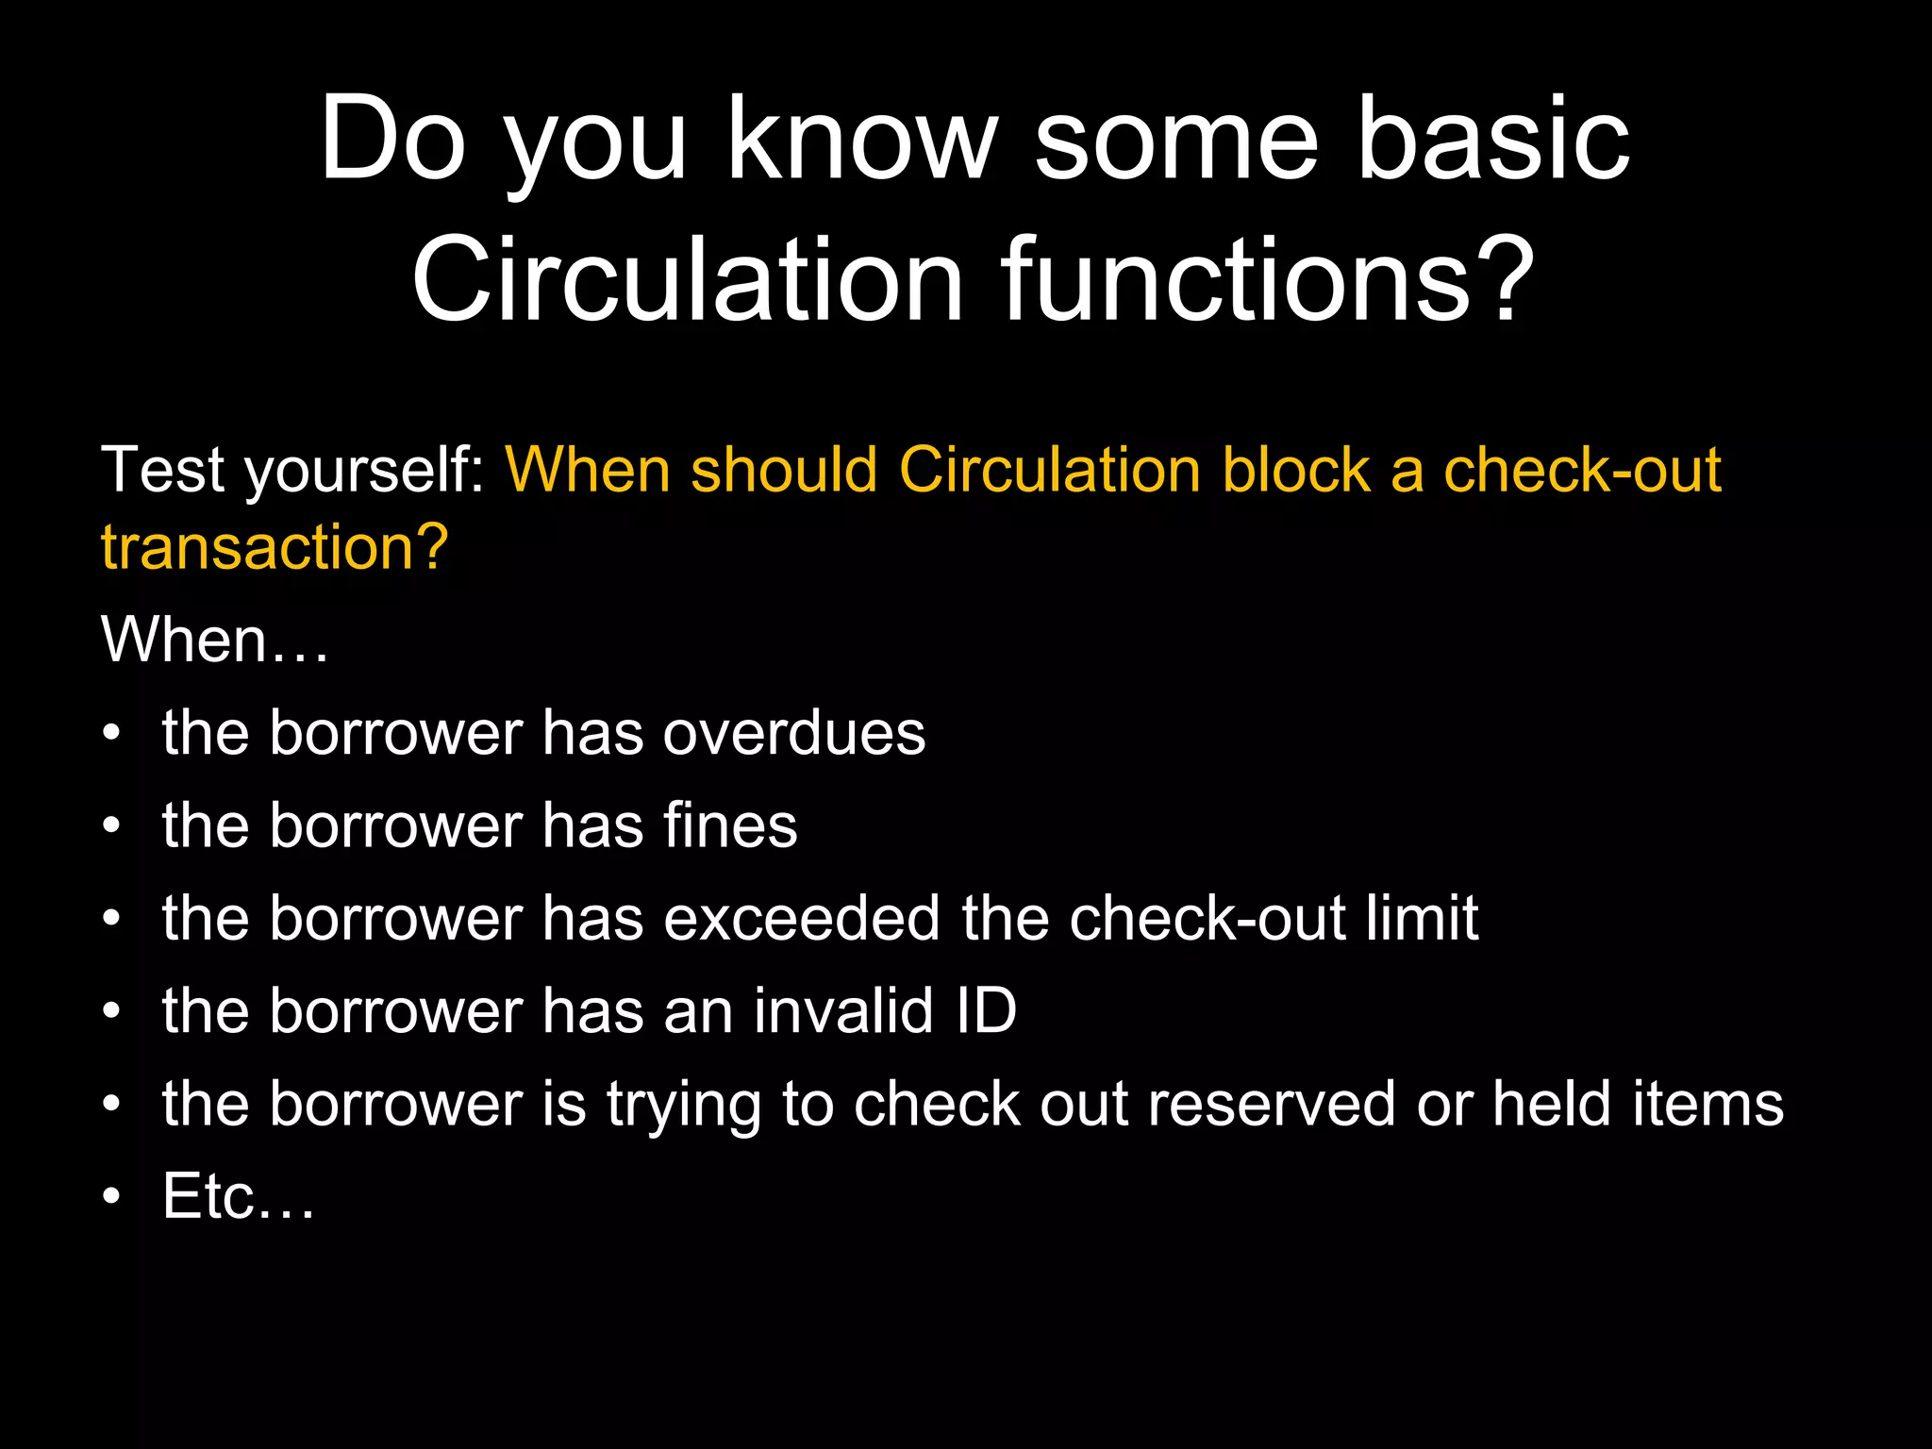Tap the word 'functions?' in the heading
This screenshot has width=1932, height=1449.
(1268, 280)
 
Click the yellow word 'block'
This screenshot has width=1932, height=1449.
(1295, 470)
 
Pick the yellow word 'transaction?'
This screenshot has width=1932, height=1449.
(275, 547)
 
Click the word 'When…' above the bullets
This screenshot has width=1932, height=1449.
(215, 640)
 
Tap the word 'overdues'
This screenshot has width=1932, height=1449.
(793, 733)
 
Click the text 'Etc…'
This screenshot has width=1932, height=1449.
(239, 1196)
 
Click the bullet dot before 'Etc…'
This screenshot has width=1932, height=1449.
(112, 1197)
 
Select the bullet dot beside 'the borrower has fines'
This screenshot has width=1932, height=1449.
(112, 826)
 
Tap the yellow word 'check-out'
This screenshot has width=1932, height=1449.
(1582, 470)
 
